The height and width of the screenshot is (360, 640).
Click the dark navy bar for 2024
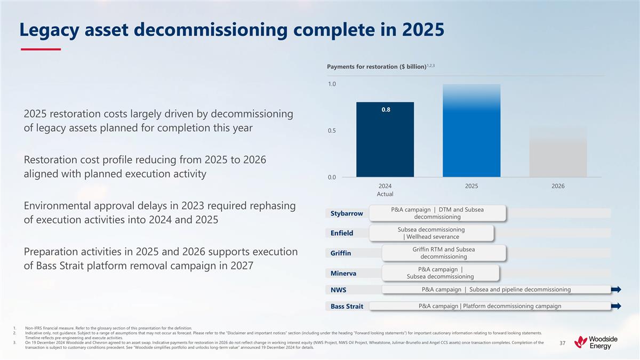pos(385,139)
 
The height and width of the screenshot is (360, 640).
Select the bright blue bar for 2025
pos(471,131)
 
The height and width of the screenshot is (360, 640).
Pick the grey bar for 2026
pos(558,152)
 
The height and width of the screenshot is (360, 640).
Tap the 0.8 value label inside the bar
pos(385,109)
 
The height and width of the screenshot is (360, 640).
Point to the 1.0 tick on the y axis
pos(332,84)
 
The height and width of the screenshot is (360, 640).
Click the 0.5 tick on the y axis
pos(332,131)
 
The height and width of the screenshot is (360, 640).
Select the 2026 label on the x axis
pos(558,186)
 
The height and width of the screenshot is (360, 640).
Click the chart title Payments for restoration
pos(376,66)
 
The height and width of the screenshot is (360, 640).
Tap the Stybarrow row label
pos(347,213)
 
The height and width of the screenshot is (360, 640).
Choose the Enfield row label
pos(342,233)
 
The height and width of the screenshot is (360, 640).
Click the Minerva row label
pos(343,273)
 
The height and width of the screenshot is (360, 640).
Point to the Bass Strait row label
pos(347,306)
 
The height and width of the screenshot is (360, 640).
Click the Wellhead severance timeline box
pos(431,233)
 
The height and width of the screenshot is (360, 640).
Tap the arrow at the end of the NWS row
pos(616,290)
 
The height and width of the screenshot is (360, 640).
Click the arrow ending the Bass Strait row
pos(616,306)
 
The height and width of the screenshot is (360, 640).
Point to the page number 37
pos(563,343)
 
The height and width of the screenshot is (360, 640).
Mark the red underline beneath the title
pos(41,50)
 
